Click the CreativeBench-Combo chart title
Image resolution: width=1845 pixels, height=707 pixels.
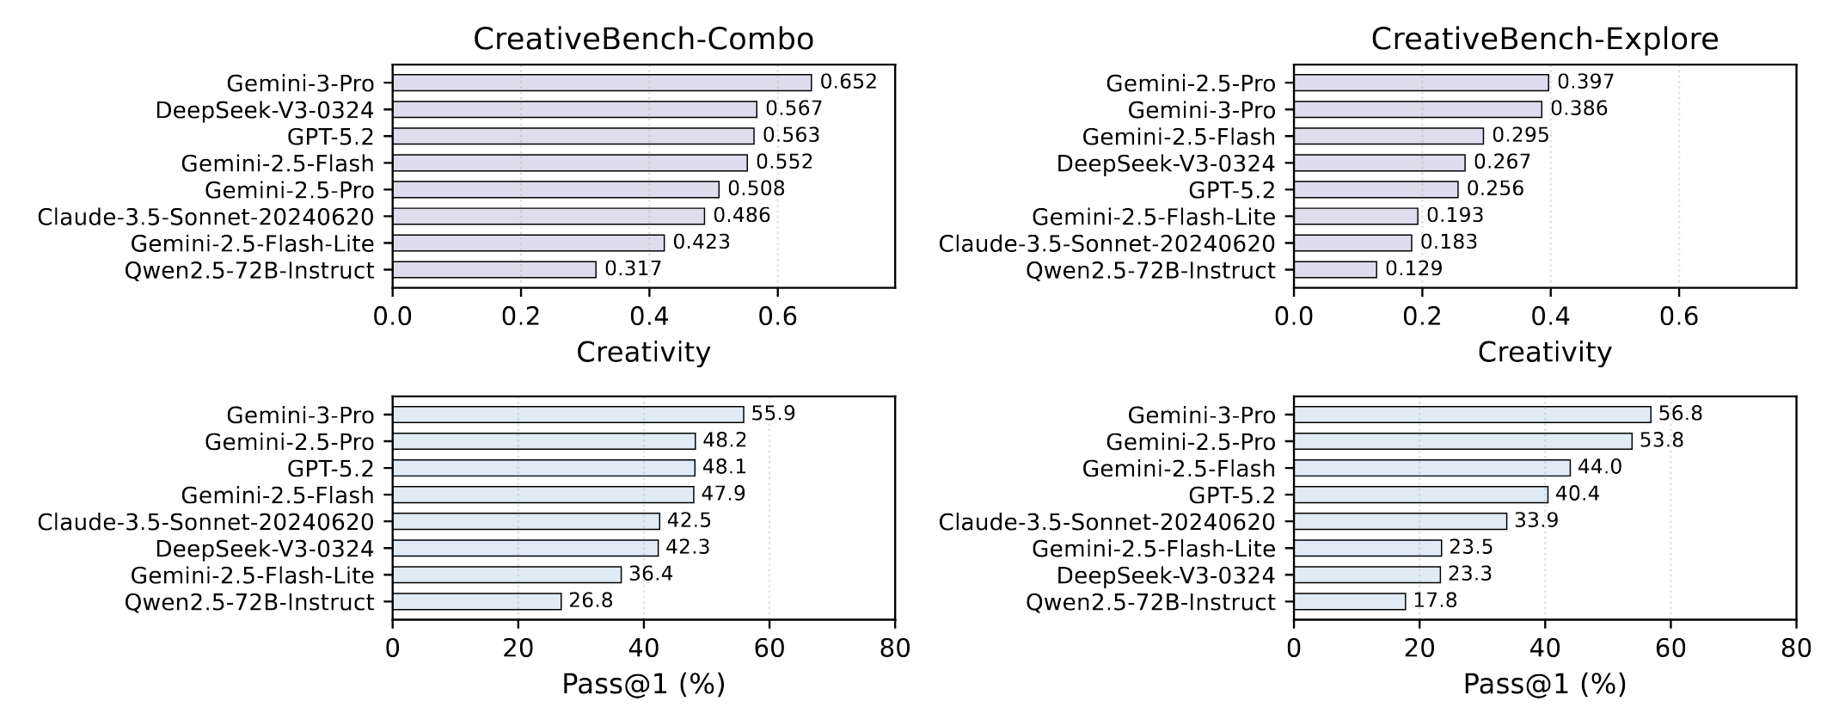tap(643, 40)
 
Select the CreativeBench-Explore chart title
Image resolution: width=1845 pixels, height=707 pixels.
tap(1544, 40)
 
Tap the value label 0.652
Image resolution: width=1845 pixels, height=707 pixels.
tap(849, 83)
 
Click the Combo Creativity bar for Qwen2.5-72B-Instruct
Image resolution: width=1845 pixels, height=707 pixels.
tap(494, 269)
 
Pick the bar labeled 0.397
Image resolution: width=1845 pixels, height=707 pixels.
tap(1420, 83)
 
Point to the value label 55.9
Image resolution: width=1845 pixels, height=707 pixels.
tap(773, 414)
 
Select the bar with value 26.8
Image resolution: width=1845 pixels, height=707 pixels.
tap(476, 601)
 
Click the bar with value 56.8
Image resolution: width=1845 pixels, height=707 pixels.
tap(1472, 415)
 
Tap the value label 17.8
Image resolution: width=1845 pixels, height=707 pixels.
tap(1435, 600)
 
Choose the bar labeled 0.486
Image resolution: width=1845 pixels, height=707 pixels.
tap(549, 216)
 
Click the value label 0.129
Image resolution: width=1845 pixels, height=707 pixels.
tap(1413, 269)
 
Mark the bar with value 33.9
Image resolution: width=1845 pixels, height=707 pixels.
tap(1400, 521)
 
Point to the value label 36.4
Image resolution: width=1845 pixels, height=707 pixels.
tap(651, 574)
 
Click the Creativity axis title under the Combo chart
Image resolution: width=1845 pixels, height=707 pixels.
tap(643, 353)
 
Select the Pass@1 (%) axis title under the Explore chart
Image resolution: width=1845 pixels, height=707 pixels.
tap(1544, 685)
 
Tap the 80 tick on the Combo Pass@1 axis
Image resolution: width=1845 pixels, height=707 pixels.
tap(895, 648)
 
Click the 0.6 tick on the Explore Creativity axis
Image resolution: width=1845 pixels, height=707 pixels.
tap(1678, 317)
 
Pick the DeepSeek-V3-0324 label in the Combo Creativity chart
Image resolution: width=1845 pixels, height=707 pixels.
tap(265, 110)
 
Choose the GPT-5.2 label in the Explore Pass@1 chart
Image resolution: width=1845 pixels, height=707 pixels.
tap(1231, 495)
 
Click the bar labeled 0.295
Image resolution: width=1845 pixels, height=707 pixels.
tap(1388, 136)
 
